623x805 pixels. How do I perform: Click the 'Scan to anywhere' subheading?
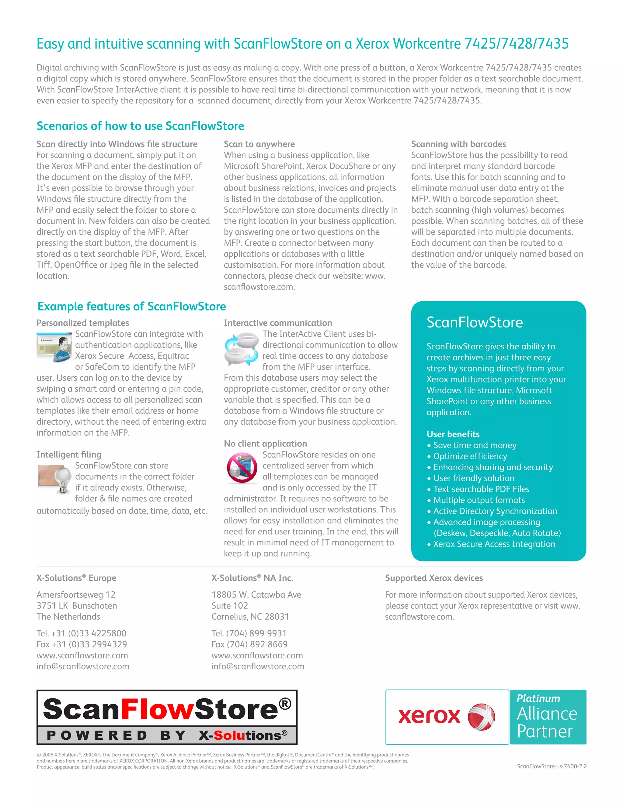click(259, 144)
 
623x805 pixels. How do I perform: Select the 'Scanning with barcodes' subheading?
click(458, 144)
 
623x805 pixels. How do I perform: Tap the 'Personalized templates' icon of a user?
click(54, 347)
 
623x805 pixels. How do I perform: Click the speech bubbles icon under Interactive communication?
click(241, 349)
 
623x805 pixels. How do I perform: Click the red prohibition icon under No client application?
click(242, 468)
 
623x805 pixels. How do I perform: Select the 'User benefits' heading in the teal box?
click(453, 434)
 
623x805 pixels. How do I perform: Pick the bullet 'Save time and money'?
click(474, 445)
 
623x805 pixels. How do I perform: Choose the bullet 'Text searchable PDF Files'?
click(481, 489)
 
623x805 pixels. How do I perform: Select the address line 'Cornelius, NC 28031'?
click(250, 617)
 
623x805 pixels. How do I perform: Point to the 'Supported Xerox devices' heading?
click(434, 578)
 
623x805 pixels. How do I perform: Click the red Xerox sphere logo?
click(481, 717)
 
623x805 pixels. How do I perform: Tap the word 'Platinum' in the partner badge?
click(538, 698)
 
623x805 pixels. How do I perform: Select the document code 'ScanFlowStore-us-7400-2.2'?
click(552, 766)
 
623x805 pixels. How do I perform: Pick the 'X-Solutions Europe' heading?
click(76, 578)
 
